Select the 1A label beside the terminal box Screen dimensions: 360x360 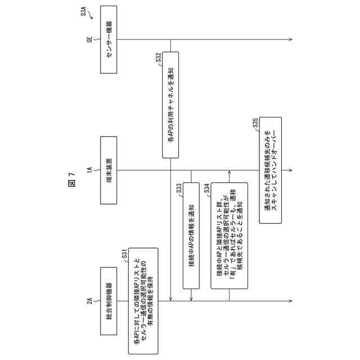tap(89, 169)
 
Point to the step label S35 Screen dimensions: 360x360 tap(255, 123)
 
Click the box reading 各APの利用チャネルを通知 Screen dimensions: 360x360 tap(170, 106)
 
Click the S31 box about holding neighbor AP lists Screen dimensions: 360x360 tap(142, 300)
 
